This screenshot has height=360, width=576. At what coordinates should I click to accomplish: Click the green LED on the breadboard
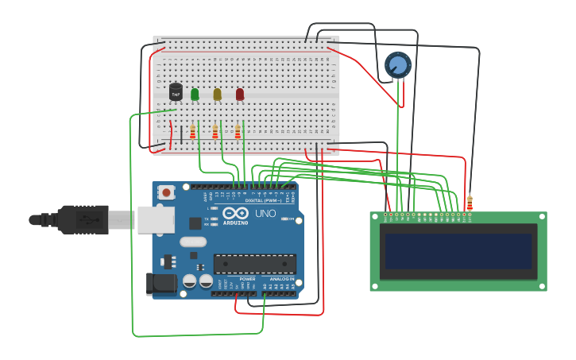(195, 95)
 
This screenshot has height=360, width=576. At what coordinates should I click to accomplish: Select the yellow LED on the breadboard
(217, 95)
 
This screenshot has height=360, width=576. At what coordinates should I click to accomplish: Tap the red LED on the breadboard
(240, 95)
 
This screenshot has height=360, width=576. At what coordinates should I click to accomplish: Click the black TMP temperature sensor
(176, 92)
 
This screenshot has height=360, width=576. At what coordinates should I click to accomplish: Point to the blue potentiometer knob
(397, 64)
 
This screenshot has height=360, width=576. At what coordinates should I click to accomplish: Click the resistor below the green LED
(192, 132)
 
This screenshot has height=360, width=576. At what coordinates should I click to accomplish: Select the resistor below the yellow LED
(215, 132)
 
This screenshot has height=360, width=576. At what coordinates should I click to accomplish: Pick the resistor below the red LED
(238, 132)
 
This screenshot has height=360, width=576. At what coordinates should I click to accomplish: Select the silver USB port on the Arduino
(155, 219)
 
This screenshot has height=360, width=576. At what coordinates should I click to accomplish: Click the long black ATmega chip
(255, 264)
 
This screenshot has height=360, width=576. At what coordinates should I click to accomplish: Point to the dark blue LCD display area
(458, 250)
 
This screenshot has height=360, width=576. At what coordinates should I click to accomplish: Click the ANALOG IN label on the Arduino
(282, 280)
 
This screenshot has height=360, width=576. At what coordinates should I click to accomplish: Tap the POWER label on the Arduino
(247, 280)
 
